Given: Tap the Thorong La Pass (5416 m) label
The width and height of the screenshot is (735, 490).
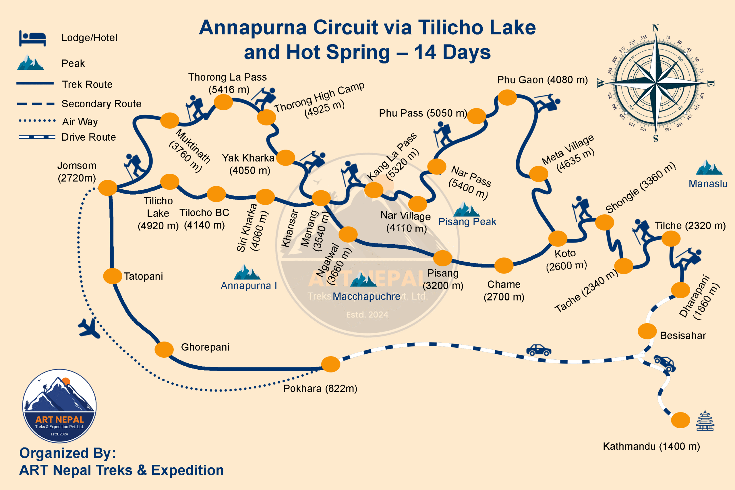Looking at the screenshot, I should (228, 84).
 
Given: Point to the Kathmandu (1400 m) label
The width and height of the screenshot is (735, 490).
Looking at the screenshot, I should (651, 446).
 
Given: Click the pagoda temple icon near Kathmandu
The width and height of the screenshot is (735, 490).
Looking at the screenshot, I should (705, 421).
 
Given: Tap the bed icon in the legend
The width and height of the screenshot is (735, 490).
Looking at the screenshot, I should (32, 38).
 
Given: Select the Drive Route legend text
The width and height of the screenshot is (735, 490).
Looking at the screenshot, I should (89, 137).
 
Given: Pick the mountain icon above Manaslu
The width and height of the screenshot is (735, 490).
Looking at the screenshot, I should (709, 168).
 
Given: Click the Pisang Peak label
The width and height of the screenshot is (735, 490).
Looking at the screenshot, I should (467, 222).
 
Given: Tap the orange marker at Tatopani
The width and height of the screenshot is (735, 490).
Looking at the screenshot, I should (113, 276).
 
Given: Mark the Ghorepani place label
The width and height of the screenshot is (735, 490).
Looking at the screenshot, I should (205, 347).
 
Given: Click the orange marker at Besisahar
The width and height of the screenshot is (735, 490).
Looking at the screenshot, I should (647, 331).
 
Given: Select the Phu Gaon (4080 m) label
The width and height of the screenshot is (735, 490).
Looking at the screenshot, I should (542, 80).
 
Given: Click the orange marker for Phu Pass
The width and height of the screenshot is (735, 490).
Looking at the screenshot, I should (476, 116).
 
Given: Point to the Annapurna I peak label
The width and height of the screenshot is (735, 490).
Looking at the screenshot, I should (249, 286).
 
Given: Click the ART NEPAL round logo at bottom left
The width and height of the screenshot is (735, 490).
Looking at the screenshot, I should (59, 406).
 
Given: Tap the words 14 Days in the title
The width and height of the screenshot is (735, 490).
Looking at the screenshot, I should (452, 52).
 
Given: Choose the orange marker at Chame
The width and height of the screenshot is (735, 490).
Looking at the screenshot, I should (504, 266).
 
